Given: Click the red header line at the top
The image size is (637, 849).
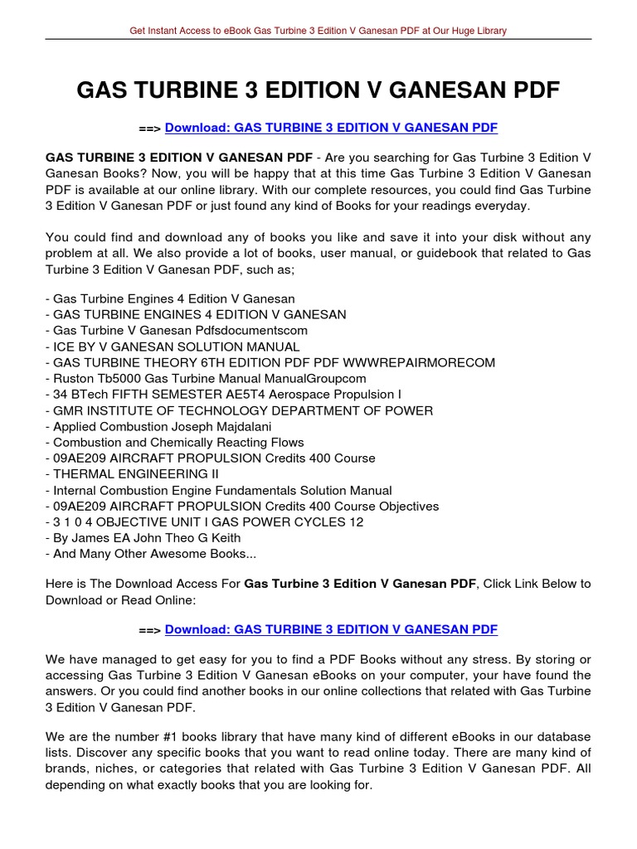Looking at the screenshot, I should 318,31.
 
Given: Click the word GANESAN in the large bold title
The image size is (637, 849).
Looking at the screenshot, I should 455,90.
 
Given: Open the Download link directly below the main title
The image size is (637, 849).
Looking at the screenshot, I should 331,128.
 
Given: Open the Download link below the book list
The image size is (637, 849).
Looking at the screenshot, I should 331,629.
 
